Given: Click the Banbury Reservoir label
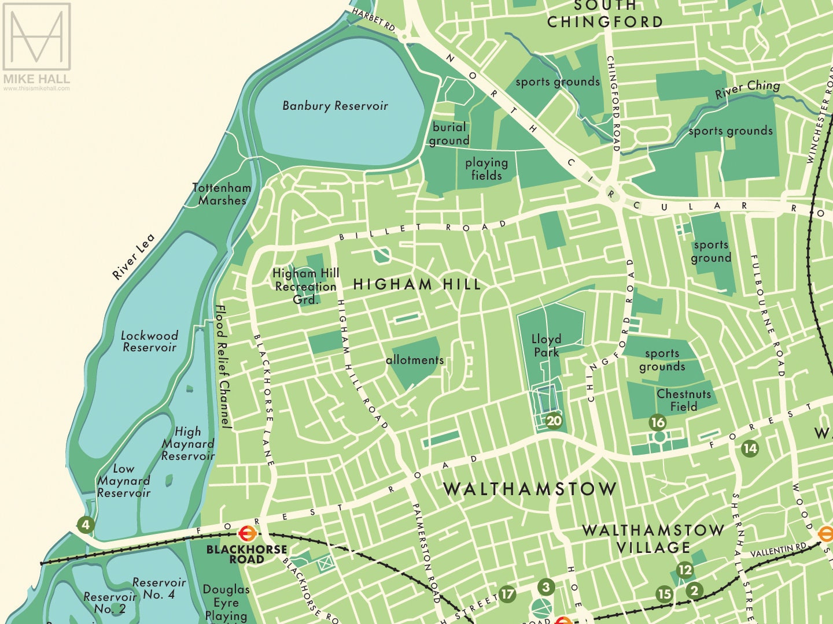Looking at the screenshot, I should pos(335,106).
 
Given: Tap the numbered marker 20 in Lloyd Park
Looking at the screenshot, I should pos(554,421).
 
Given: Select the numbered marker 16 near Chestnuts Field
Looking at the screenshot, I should pos(658,422).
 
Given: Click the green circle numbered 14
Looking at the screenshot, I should pos(750,448).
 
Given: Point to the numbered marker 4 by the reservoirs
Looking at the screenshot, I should pos(86,525).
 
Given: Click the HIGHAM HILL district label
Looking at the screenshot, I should pos(417,284).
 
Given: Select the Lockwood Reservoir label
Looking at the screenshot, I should pos(150,341).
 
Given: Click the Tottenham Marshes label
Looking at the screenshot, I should pos(222,194).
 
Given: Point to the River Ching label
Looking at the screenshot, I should pos(747,90).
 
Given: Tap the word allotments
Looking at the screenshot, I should pos(415,360).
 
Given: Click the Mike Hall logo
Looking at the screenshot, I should pos(36,46).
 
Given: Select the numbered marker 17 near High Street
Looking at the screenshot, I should pos(507,593).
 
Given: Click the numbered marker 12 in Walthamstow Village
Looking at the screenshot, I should pos(684,570).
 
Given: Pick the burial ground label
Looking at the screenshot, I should pos(449,133).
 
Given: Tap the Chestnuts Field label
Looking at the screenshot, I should pos(684,400).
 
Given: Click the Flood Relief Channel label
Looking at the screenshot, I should pos(223,367).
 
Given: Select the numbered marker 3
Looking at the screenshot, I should pos(546,588).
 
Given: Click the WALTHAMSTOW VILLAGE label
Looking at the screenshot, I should pos(653,538).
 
